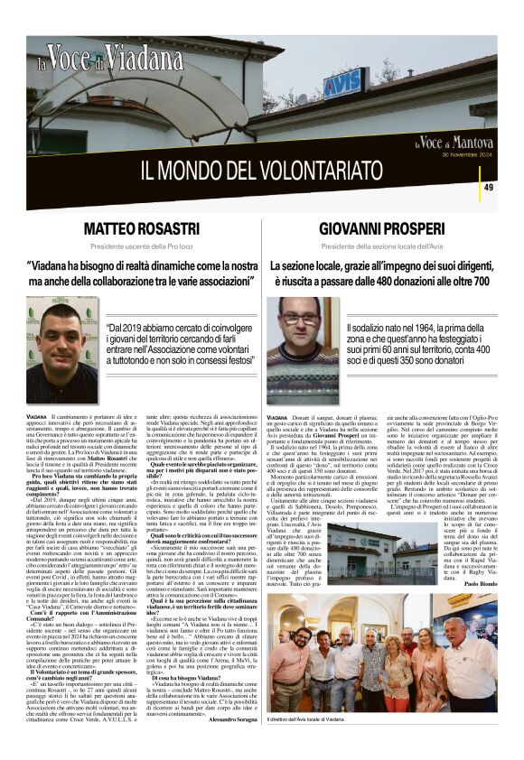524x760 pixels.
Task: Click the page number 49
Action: (x=489, y=187)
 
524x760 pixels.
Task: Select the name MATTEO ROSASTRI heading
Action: (x=142, y=228)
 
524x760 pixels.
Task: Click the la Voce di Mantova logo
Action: (x=454, y=142)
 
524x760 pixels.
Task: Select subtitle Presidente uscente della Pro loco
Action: (x=142, y=246)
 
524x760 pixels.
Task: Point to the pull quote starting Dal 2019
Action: (x=178, y=344)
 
